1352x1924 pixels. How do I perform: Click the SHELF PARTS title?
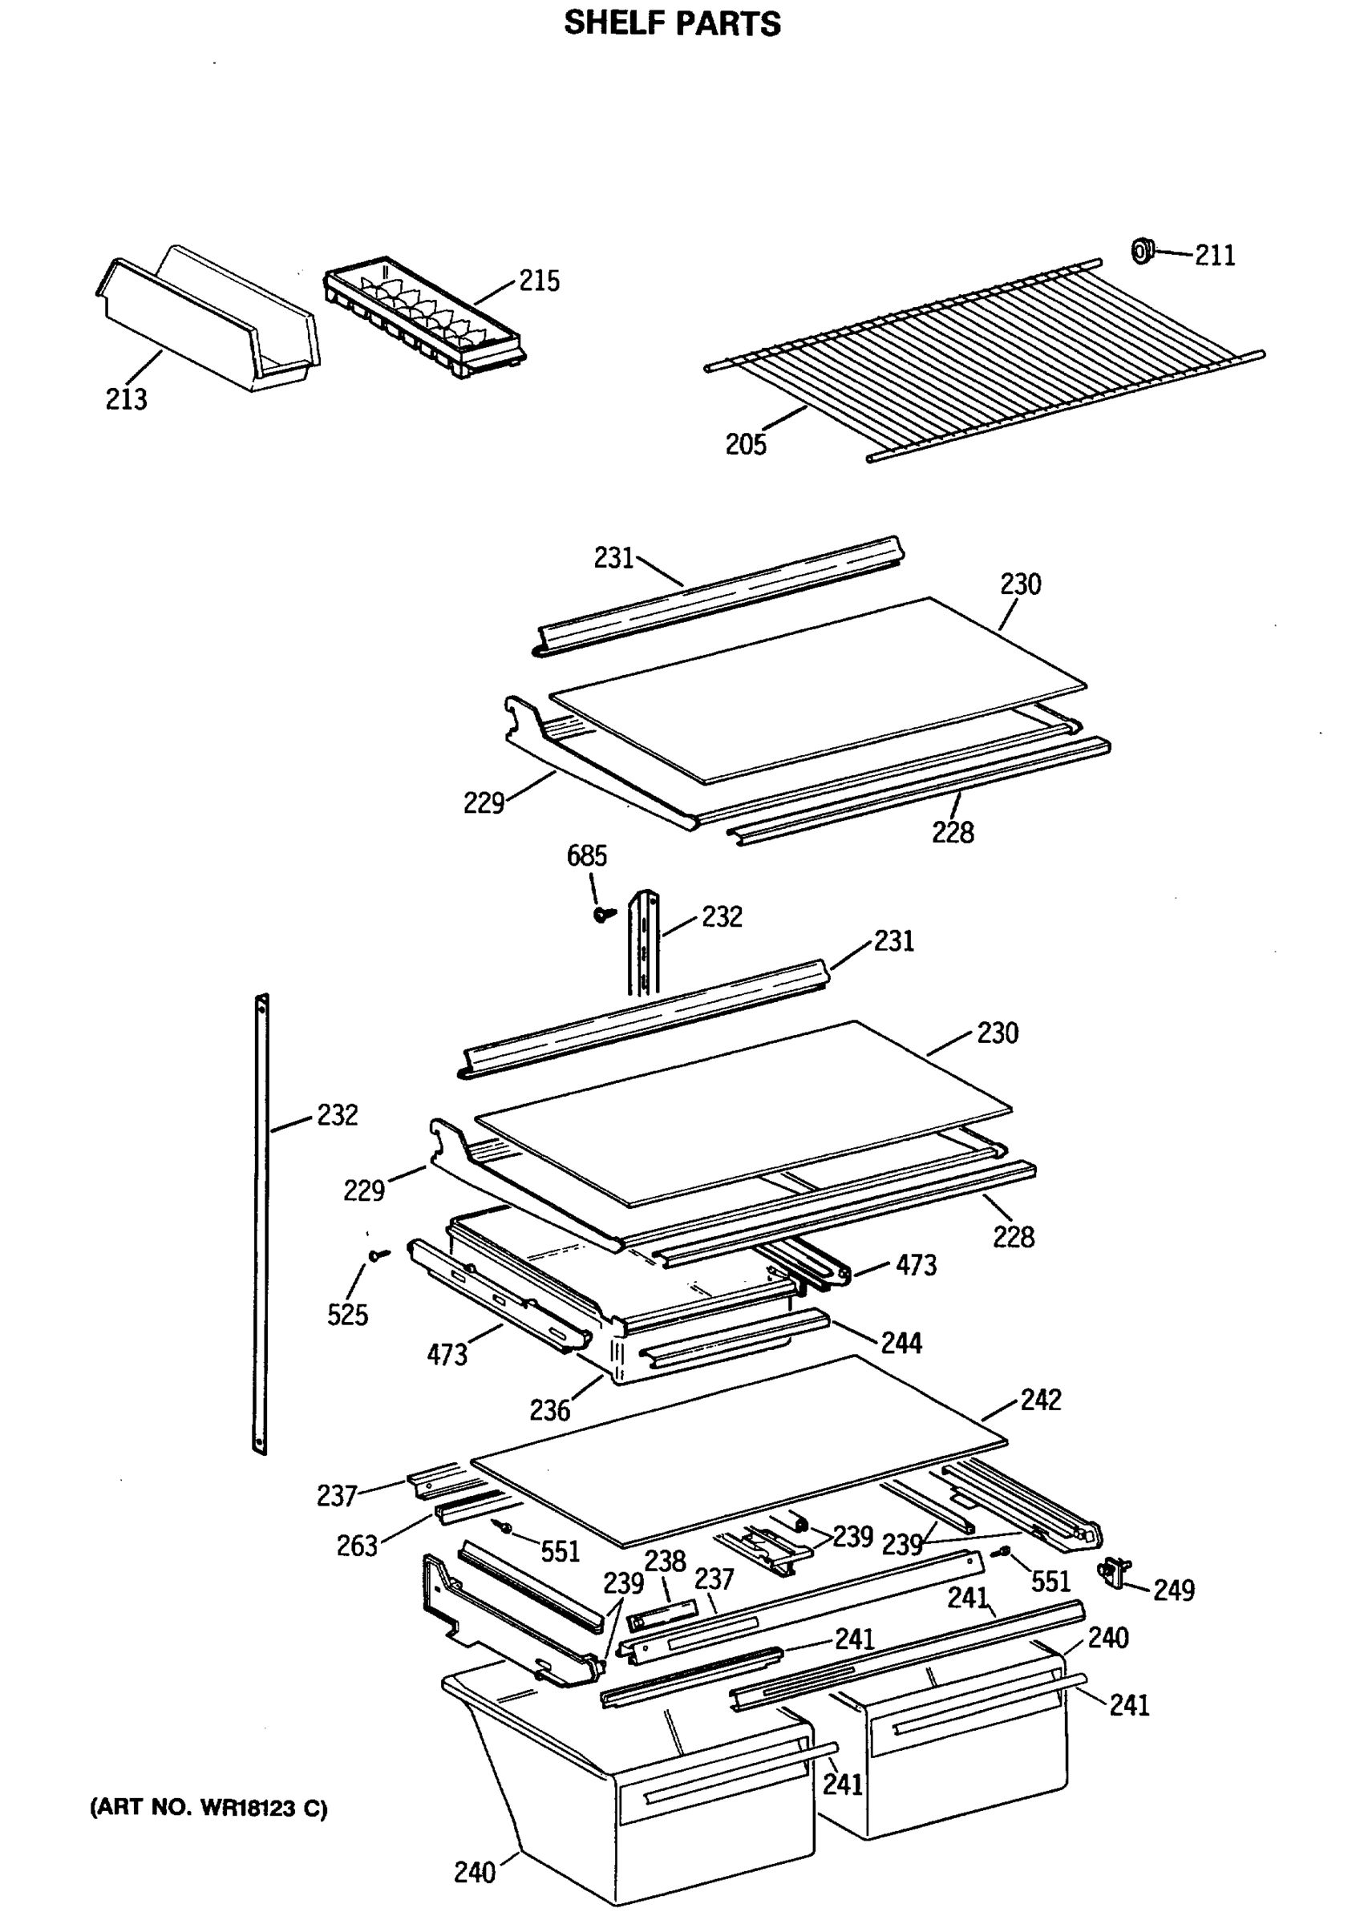point(671,23)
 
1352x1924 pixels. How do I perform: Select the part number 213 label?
point(126,399)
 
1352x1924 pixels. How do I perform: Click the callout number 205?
point(745,444)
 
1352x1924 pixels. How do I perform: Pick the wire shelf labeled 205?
point(985,360)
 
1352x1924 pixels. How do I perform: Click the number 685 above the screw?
point(586,855)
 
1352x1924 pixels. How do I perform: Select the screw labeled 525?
point(378,1255)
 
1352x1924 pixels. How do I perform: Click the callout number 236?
point(549,1411)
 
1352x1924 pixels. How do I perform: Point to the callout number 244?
point(901,1344)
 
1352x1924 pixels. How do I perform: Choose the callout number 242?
point(1040,1400)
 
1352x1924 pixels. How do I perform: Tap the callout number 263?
point(357,1546)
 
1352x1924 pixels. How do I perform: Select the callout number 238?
point(665,1562)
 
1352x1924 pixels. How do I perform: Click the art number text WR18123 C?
point(208,1809)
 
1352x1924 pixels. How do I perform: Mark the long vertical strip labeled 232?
point(261,1223)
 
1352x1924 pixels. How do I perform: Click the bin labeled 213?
point(209,322)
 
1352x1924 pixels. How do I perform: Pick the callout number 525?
point(347,1315)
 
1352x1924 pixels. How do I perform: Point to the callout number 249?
point(1173,1590)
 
